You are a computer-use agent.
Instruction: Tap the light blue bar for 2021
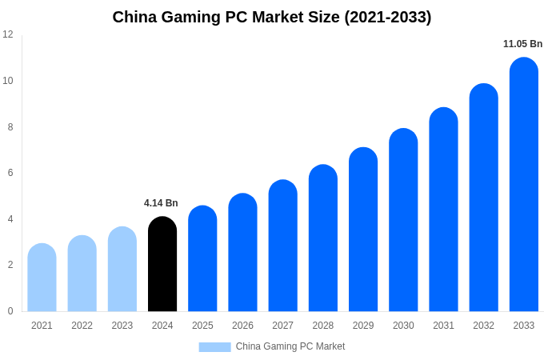(42, 278)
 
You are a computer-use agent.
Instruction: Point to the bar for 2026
(242, 253)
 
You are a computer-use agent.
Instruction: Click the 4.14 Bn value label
(161, 203)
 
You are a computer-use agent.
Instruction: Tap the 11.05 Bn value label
(522, 44)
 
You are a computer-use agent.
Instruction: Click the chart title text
(272, 17)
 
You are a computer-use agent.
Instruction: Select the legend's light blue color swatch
(214, 347)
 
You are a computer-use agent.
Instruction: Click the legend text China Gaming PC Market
(290, 346)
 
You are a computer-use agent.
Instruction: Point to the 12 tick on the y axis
(8, 34)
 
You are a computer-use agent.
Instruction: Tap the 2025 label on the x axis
(202, 326)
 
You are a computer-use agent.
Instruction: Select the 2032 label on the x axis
(483, 326)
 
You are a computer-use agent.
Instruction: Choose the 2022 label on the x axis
(82, 326)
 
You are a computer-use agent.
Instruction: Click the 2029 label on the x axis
(363, 326)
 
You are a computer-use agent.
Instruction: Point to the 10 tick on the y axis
(8, 81)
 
